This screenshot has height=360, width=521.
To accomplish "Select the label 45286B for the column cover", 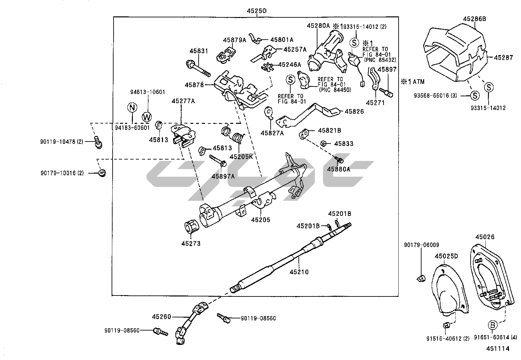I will pyautogui.click(x=474, y=19).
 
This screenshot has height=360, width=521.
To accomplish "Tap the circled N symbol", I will pyautogui.click(x=132, y=107).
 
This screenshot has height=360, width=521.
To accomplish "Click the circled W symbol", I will pyautogui.click(x=147, y=117).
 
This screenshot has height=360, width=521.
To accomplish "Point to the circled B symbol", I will pyautogui.click(x=493, y=325).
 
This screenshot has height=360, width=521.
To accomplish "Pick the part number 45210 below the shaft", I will pyautogui.click(x=299, y=272).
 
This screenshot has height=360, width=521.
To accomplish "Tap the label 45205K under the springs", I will pyautogui.click(x=241, y=156).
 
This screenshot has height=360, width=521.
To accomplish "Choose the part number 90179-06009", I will pyautogui.click(x=422, y=245).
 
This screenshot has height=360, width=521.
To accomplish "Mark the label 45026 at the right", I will pyautogui.click(x=485, y=237).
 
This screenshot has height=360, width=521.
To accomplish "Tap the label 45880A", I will pyautogui.click(x=338, y=169).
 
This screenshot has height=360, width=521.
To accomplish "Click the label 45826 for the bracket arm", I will pyautogui.click(x=354, y=111).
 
